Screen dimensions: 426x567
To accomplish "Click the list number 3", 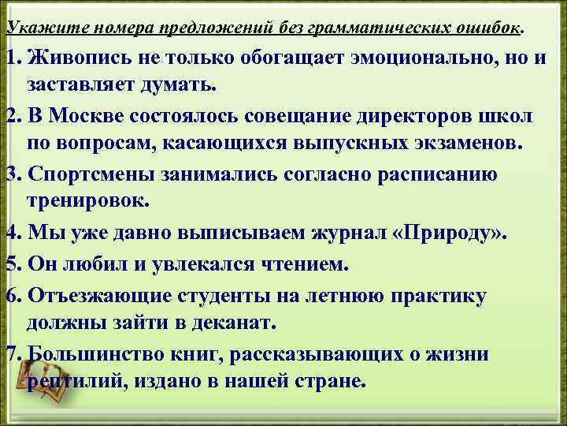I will point(11,174).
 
